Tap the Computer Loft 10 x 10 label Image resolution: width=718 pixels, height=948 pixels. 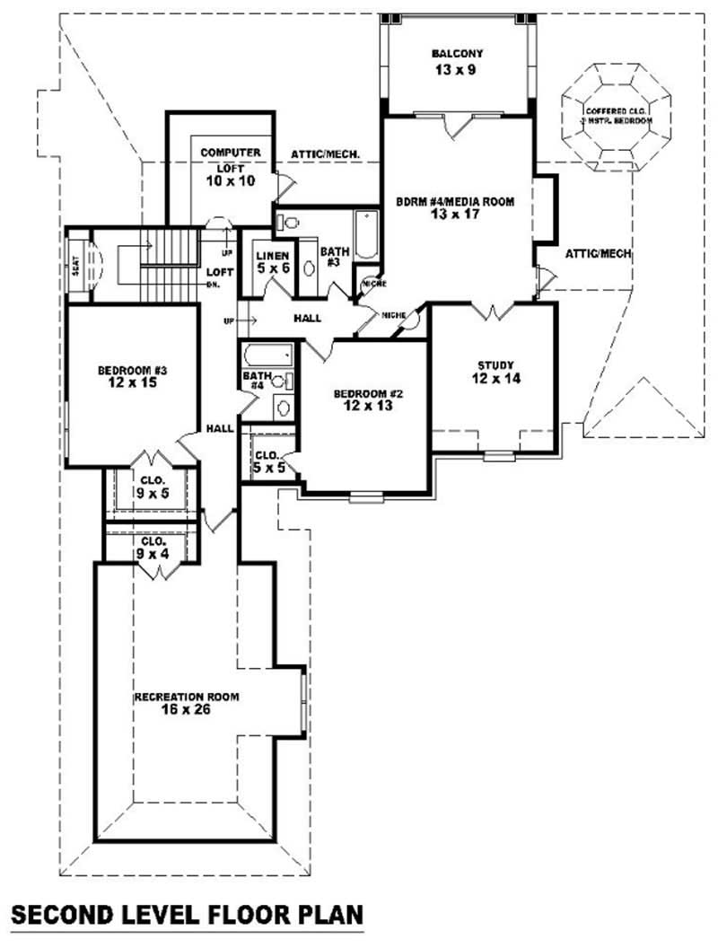point(230,167)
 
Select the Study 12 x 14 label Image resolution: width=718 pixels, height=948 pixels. point(495,372)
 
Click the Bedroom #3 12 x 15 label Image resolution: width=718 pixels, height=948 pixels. point(133,376)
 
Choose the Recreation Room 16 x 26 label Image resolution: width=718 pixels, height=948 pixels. point(186,703)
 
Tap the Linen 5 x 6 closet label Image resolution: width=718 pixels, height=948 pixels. point(268,261)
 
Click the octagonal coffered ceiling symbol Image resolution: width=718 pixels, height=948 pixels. point(617,115)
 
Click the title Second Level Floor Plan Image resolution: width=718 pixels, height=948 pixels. point(187,916)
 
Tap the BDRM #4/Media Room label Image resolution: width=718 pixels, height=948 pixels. point(456,208)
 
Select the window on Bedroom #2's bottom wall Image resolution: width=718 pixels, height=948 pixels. point(365,496)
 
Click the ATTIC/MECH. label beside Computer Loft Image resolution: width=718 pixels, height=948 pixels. point(325,154)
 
